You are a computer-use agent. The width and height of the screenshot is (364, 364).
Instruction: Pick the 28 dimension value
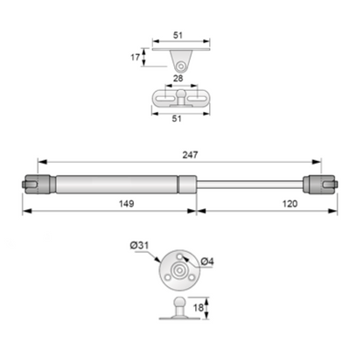click(179, 80)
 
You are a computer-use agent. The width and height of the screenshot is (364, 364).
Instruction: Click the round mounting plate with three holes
click(178, 272)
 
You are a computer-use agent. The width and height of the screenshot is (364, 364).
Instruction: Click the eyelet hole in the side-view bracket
click(181, 66)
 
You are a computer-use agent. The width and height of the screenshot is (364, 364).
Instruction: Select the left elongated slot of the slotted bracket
click(164, 96)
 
